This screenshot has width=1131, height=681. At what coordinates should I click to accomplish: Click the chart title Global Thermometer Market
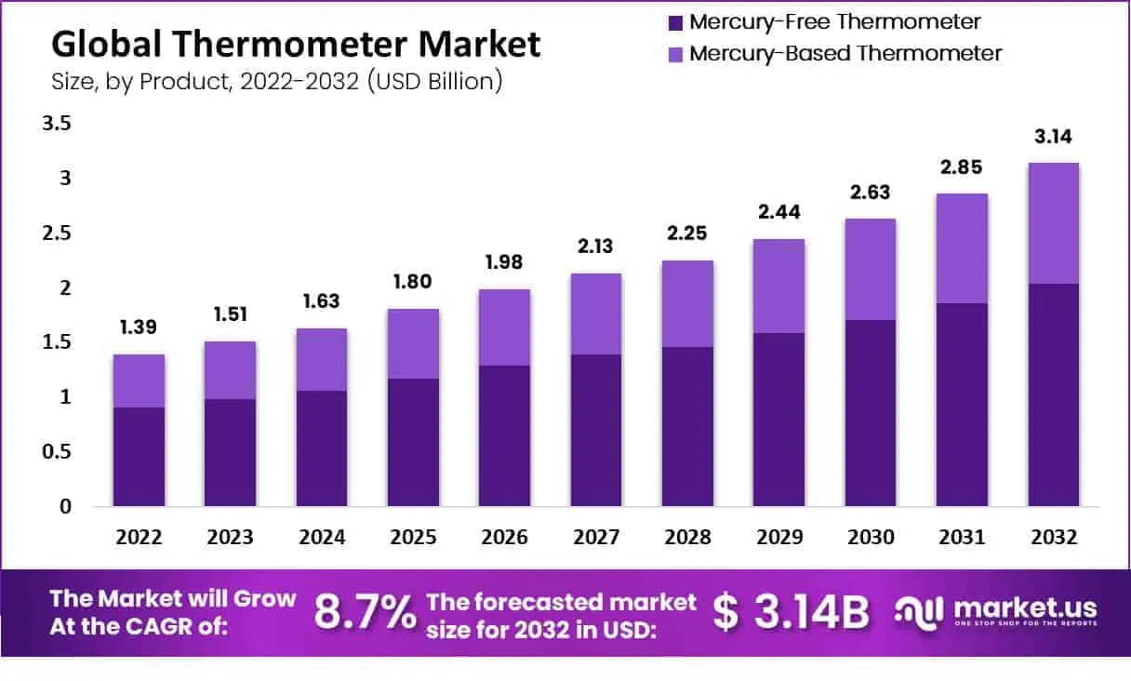295,44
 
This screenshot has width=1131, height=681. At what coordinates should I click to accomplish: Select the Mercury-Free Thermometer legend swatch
676,21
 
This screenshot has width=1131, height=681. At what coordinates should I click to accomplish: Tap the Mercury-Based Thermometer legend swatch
676,54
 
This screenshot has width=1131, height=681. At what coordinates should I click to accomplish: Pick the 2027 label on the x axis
596,538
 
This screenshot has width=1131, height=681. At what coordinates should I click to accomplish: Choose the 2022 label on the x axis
139,538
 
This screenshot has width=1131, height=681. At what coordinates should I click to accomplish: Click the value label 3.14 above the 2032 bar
1054,137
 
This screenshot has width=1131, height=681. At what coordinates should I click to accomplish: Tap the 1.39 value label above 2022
139,327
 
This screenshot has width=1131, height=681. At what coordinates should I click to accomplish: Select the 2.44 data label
779,212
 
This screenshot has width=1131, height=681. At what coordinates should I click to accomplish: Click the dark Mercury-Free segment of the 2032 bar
1054,395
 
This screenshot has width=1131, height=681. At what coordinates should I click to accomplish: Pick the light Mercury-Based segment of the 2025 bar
413,343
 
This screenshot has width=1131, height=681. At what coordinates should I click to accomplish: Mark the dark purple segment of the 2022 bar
139,457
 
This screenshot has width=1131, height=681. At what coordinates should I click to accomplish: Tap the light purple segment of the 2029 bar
779,286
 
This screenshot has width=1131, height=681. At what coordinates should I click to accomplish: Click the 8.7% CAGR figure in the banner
365,612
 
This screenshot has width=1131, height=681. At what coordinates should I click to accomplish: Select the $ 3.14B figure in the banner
792,612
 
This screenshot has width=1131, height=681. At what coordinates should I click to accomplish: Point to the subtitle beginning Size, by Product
276,81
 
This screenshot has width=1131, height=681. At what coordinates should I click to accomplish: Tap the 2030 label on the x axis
871,538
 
